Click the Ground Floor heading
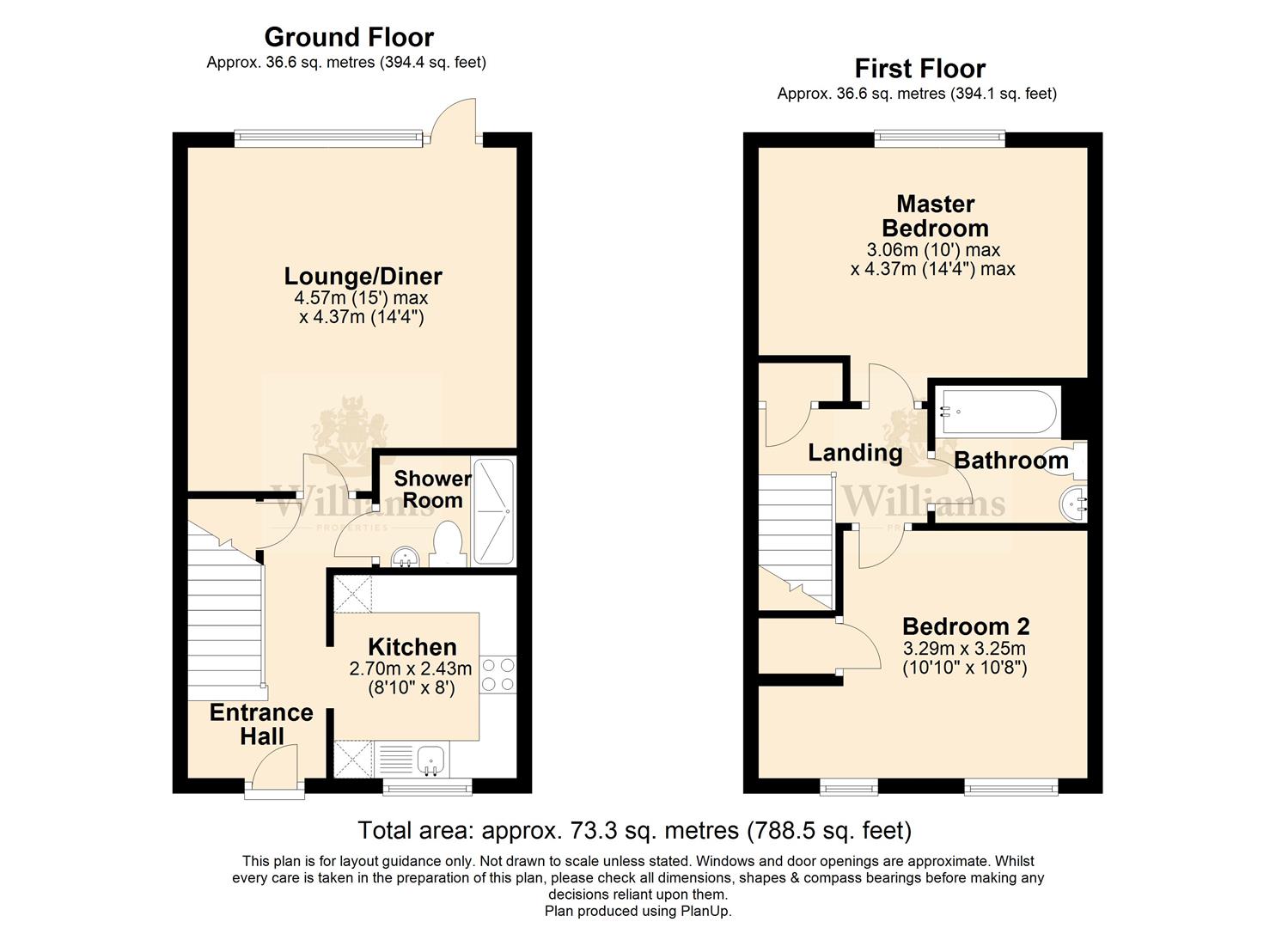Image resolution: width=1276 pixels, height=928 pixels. point(349,38)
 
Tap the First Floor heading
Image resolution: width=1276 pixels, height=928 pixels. point(920,69)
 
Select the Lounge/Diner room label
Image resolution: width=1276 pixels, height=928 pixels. point(363,277)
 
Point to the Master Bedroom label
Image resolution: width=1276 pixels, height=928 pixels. point(935,216)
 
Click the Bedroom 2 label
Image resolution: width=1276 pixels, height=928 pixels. point(966,626)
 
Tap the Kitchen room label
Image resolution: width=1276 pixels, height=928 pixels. point(412,647)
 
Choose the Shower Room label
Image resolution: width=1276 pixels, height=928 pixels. point(432,490)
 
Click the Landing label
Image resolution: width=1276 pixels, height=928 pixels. point(855,453)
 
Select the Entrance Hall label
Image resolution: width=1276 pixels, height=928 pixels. point(261,724)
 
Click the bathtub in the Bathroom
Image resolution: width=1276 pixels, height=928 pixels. point(998,411)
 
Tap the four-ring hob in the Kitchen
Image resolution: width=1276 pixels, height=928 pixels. point(498,675)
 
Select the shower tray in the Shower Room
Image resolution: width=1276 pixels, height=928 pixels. point(494,511)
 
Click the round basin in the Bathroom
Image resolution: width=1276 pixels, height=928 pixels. point(1073,504)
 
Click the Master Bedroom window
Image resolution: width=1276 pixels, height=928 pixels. point(940,136)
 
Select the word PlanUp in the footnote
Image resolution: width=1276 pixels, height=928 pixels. point(705,911)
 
